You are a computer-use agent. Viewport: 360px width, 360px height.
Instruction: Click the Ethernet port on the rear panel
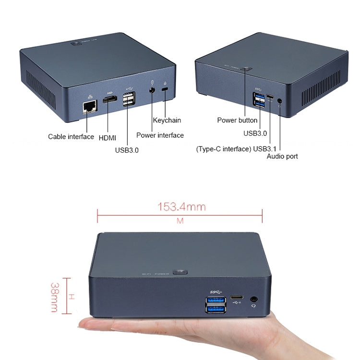click(88, 107)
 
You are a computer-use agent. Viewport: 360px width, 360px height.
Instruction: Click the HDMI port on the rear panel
click(109, 100)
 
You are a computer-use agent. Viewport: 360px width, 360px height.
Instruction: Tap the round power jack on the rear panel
click(152, 89)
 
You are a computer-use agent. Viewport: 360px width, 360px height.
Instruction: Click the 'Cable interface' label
click(71, 137)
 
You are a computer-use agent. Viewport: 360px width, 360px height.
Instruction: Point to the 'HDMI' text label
click(107, 138)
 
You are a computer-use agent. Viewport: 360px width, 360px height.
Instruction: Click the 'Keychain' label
click(167, 120)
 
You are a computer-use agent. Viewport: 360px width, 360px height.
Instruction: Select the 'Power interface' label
click(160, 135)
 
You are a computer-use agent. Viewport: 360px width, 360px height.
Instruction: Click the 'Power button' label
click(237, 120)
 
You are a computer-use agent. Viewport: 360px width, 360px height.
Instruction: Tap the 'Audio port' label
click(282, 156)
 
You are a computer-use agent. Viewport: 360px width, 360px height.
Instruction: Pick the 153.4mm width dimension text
click(181, 207)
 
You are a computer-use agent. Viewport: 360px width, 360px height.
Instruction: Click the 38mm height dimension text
click(54, 297)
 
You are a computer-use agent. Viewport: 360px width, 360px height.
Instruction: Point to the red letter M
click(180, 221)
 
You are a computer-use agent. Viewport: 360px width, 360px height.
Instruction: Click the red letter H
click(71, 297)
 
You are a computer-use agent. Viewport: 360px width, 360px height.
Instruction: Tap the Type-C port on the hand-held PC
click(237, 298)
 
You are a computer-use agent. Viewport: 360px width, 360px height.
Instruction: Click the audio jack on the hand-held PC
click(254, 299)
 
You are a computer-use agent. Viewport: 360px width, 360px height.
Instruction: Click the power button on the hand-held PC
click(180, 272)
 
